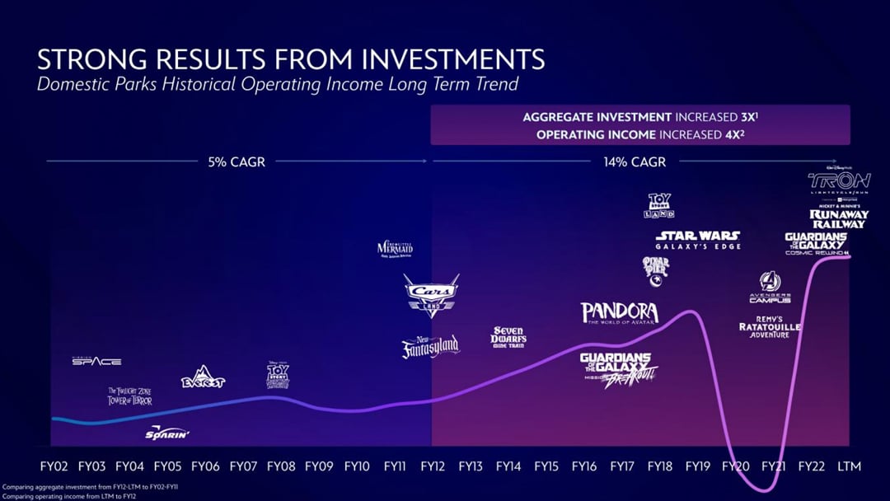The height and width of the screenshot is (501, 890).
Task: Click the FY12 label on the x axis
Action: pos(433,466)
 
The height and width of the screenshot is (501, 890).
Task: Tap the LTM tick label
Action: pos(848,466)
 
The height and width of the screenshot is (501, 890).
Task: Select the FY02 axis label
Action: pos(54,466)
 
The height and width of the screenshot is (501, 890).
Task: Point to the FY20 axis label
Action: pos(736,466)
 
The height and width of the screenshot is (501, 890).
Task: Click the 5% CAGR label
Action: pos(237,162)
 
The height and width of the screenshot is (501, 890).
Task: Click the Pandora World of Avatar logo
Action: pos(620,314)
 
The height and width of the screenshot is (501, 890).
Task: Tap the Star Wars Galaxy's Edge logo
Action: pos(698,240)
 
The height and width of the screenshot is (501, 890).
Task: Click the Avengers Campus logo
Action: pos(770,288)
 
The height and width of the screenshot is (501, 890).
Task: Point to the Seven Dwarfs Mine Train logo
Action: pos(509,336)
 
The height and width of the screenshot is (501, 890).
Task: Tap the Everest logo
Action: pos(203,377)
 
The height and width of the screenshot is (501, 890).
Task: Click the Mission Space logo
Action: pos(96,361)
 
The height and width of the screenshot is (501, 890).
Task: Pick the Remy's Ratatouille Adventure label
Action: pos(770,326)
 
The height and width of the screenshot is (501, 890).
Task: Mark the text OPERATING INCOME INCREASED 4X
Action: pos(640,134)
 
